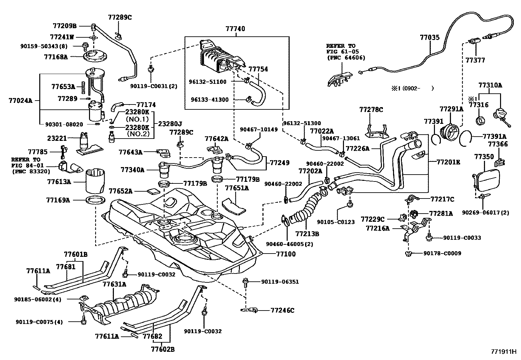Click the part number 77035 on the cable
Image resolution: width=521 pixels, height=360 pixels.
click(x=430, y=38)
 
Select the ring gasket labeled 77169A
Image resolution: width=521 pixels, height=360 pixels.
click(x=96, y=199)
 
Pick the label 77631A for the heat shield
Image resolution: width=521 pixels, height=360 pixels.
click(x=115, y=284)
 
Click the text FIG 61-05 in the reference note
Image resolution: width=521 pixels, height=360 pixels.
click(x=340, y=52)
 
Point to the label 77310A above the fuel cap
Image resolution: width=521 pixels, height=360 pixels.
click(x=490, y=85)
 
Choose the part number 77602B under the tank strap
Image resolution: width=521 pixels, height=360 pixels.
click(x=162, y=349)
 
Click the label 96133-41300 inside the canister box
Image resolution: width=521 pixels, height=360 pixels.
click(x=210, y=100)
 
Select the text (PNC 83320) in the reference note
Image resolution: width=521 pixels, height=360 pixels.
click(x=31, y=171)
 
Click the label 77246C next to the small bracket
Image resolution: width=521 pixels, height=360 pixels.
click(x=282, y=310)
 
